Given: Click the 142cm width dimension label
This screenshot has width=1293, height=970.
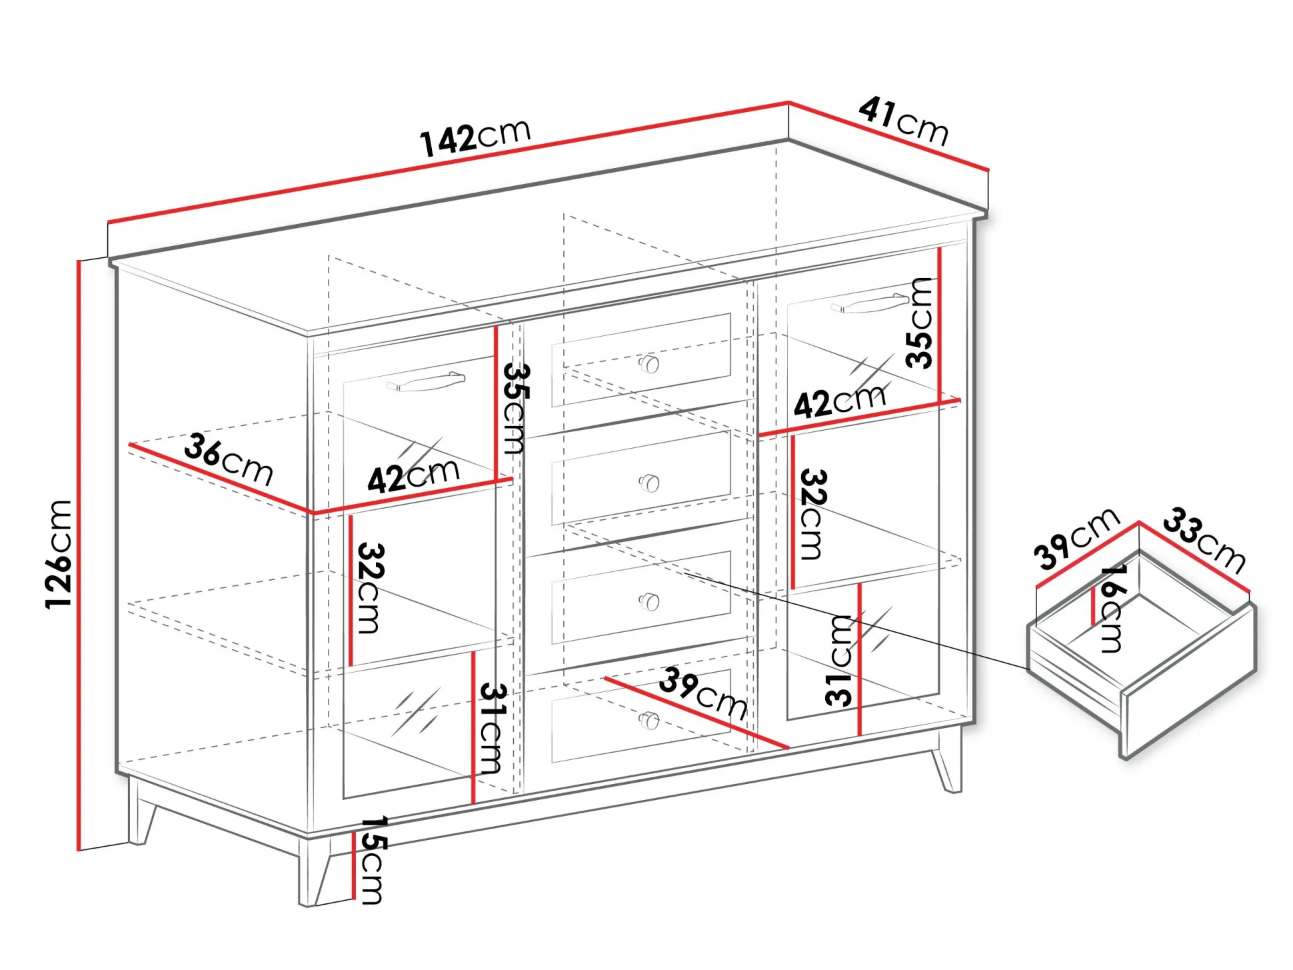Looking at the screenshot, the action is tap(475, 138).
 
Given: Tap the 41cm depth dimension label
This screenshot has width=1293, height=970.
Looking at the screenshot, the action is tap(903, 121).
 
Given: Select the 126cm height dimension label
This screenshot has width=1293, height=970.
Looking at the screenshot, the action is tap(59, 553).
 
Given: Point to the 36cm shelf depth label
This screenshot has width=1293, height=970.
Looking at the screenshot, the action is tap(229, 459).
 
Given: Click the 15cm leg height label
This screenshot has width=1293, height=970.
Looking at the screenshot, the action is tap(372, 860).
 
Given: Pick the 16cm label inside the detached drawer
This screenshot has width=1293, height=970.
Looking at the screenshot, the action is tap(1111, 608).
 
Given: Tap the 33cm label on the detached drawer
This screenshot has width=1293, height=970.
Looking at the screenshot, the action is tap(1205, 540).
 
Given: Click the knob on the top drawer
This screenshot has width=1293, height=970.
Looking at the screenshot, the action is tap(648, 364).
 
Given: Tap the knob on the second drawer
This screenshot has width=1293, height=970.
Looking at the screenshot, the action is tap(648, 483).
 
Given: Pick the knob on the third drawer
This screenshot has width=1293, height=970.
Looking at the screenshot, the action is tap(648, 602).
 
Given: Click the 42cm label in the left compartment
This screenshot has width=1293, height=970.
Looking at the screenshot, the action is tap(414, 475).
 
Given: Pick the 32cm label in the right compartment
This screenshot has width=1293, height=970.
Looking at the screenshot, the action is tap(813, 514).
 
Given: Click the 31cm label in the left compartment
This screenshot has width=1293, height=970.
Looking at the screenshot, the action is tap(492, 728).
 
